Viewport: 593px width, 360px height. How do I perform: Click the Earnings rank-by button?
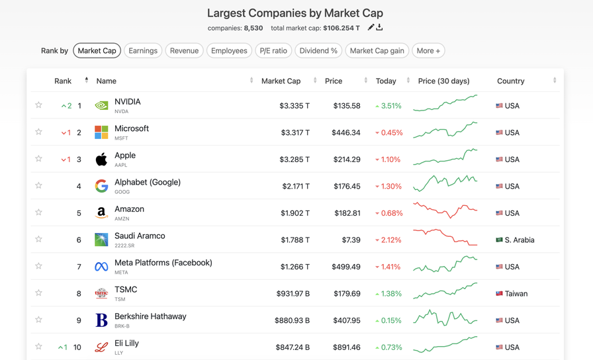143,50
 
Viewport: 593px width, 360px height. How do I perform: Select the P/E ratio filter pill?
273,50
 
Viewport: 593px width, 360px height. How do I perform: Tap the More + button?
428,50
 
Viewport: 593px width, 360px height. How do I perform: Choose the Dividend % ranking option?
318,50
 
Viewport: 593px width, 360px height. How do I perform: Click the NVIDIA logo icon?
101,105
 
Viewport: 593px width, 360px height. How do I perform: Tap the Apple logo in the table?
101,159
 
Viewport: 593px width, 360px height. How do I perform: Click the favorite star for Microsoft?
39,132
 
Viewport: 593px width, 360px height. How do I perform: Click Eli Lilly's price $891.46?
347,347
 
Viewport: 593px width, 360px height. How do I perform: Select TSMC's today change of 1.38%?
388,293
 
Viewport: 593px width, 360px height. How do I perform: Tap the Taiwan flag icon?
500,293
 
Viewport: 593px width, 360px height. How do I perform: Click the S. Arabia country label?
520,240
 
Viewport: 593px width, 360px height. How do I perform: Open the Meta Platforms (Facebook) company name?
163,263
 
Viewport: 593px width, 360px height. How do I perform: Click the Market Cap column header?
281,81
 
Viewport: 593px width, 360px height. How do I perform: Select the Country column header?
510,81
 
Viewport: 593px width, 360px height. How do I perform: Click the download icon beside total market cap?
380,28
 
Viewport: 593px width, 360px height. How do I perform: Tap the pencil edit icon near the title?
371,28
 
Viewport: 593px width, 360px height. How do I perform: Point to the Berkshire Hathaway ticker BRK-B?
122,326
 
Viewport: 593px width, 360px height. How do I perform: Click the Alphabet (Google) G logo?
101,186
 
